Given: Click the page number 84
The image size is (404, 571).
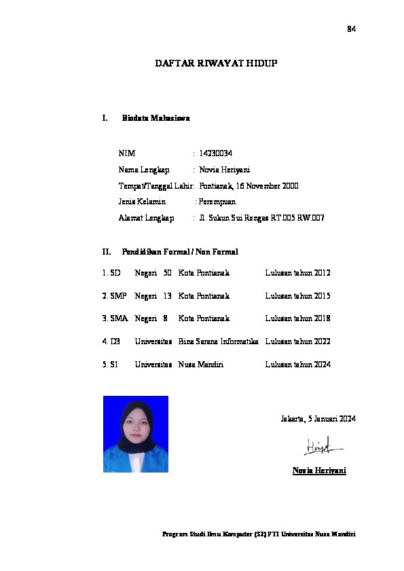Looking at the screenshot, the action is pyautogui.click(x=351, y=29).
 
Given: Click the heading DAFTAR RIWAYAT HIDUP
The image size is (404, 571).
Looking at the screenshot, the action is pyautogui.click(x=217, y=63).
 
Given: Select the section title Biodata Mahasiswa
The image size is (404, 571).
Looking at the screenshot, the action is pyautogui.click(x=155, y=118).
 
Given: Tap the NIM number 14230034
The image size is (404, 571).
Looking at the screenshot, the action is pyautogui.click(x=216, y=153).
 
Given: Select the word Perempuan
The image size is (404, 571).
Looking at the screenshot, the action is pyautogui.click(x=217, y=202).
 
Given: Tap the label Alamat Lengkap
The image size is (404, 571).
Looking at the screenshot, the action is pyautogui.click(x=146, y=218).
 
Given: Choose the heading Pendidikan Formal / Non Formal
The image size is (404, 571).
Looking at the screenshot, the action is pyautogui.click(x=179, y=252).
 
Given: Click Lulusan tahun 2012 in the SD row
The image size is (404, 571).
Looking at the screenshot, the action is pyautogui.click(x=297, y=273).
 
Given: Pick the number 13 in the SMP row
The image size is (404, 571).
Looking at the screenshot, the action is pyautogui.click(x=167, y=296).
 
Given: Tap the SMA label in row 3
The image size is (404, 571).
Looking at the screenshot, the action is pyautogui.click(x=118, y=318).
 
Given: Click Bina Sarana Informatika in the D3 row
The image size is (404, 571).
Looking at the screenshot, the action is pyautogui.click(x=218, y=342).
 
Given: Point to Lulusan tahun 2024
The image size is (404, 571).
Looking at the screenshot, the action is pyautogui.click(x=297, y=365).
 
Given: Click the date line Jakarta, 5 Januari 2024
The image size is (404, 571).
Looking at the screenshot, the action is pyautogui.click(x=318, y=419).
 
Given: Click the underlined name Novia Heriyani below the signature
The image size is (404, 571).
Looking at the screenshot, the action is pyautogui.click(x=319, y=470).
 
